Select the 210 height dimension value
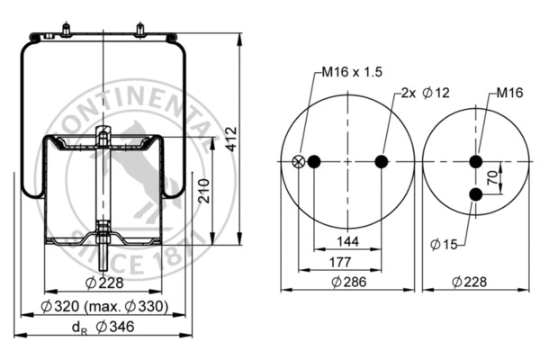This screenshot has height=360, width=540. tap(205, 190)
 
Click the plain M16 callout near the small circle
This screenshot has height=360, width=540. tap(510, 93)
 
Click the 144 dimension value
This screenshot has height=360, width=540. tap(346, 242)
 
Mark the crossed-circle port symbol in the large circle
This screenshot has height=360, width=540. tap(299, 162)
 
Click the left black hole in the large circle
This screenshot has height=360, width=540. tap(314, 162)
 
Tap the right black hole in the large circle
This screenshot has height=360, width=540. tap(381, 162)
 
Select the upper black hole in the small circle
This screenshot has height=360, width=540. tap(475, 162)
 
